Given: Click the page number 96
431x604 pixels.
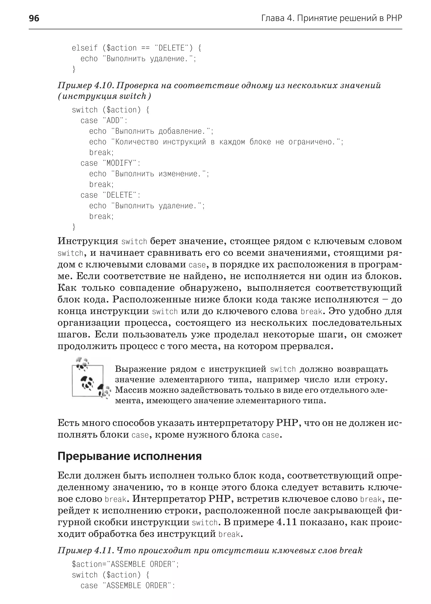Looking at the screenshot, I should (x=34, y=18).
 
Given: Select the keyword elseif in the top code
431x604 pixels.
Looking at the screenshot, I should (x=85, y=48).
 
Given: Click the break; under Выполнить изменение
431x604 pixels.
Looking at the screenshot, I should (x=101, y=184).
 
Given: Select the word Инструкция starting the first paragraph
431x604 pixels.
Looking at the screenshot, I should (x=88, y=241).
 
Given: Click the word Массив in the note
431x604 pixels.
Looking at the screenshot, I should (x=130, y=390).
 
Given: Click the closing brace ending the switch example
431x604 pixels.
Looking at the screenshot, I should (x=74, y=227).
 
